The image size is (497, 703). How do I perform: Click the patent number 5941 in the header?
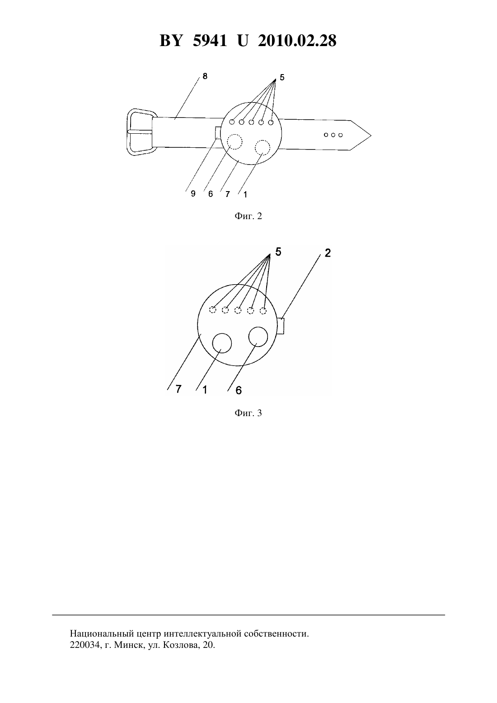click(210, 41)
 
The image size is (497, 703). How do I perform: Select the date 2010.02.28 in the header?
click(297, 41)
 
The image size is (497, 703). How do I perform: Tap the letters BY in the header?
click(171, 41)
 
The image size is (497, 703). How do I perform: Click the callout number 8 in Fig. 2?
click(205, 76)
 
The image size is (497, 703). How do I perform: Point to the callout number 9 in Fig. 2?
click(193, 194)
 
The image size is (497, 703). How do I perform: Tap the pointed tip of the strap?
click(371, 136)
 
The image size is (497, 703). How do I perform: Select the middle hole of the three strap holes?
click(333, 135)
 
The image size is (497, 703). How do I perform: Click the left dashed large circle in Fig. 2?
click(234, 142)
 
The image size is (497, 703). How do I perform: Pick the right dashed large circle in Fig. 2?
click(263, 147)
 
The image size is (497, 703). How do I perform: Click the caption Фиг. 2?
click(248, 216)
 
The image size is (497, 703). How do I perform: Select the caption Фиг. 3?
click(248, 413)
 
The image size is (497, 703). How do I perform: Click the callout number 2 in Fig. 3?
click(328, 253)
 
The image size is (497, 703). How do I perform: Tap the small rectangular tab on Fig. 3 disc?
click(281, 326)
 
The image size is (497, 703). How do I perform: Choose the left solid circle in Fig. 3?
click(222, 343)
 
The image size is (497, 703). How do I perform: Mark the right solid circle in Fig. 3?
click(258, 337)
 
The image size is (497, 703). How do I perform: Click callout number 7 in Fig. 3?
click(178, 389)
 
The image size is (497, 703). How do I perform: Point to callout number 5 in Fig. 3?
click(278, 252)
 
